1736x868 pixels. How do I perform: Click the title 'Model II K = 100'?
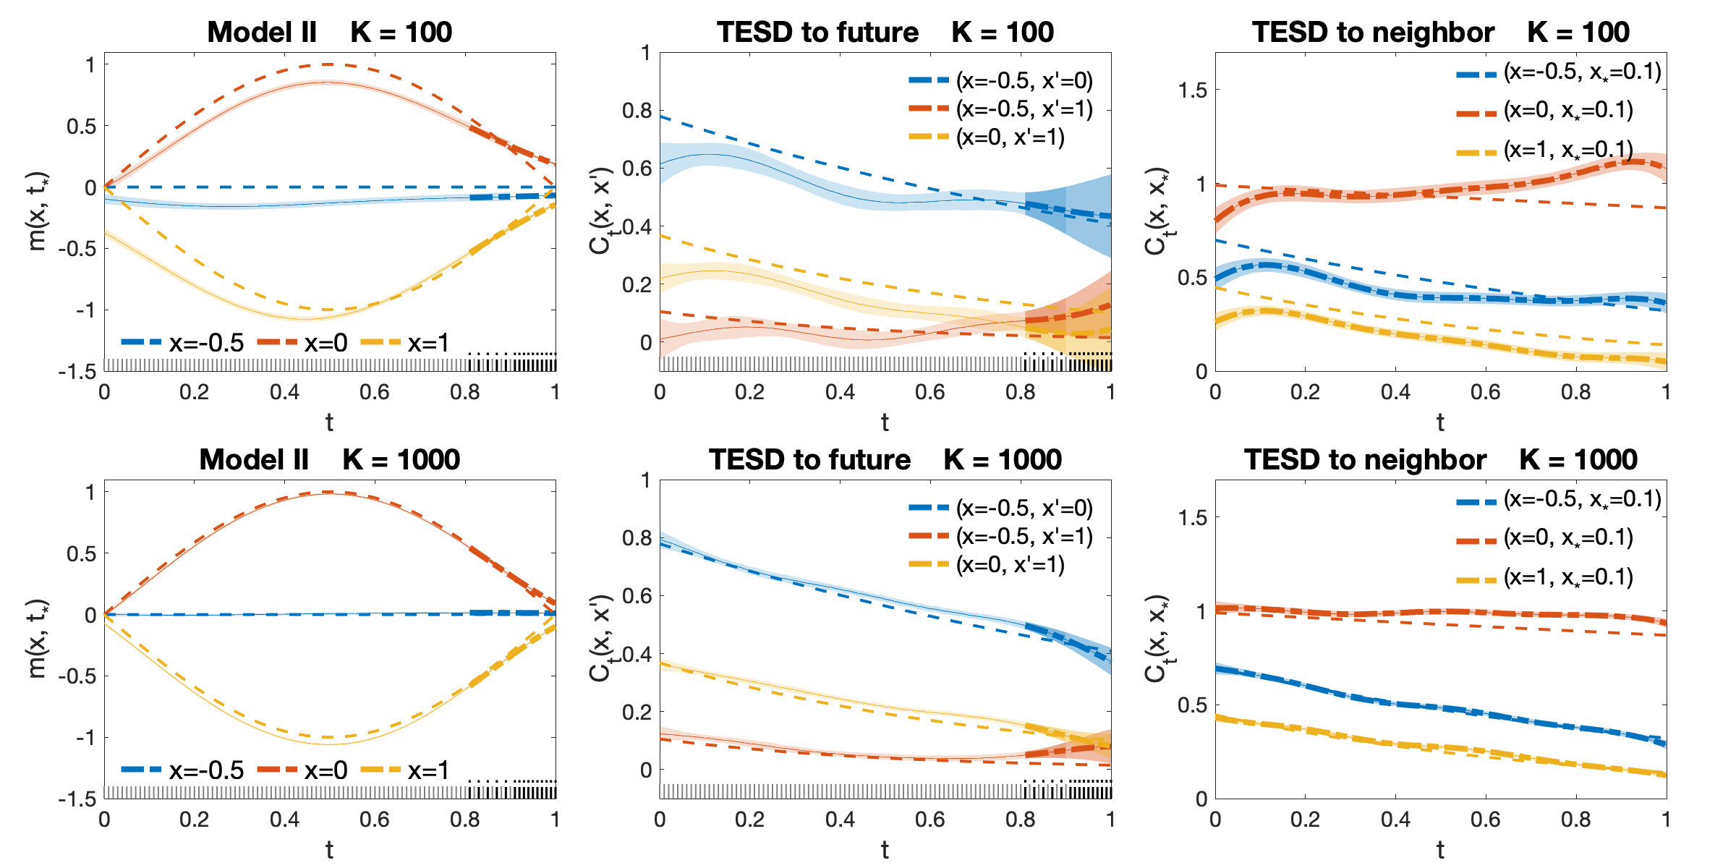click(x=329, y=32)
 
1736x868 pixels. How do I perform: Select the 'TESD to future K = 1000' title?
click(x=885, y=459)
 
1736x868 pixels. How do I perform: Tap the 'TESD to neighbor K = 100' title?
click(x=1440, y=32)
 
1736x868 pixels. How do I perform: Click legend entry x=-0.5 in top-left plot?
click(x=182, y=343)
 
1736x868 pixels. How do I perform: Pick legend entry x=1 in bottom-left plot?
click(x=404, y=770)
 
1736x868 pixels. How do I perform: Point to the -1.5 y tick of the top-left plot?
click(x=77, y=372)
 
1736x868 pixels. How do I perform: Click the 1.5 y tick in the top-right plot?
click(x=1192, y=90)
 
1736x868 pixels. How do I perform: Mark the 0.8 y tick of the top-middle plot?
click(x=637, y=111)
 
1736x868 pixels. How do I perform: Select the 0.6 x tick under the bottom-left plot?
click(x=375, y=820)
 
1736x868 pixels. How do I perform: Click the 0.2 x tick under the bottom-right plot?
click(x=1305, y=820)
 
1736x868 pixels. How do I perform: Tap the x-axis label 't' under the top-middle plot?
click(x=885, y=422)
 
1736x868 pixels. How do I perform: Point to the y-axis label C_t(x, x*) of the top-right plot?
click(x=1156, y=211)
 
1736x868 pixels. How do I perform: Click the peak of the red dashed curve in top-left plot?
click(x=330, y=64)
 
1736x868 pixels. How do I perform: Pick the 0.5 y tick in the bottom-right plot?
click(x=1192, y=705)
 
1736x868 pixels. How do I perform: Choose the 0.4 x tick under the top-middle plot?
click(x=840, y=392)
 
